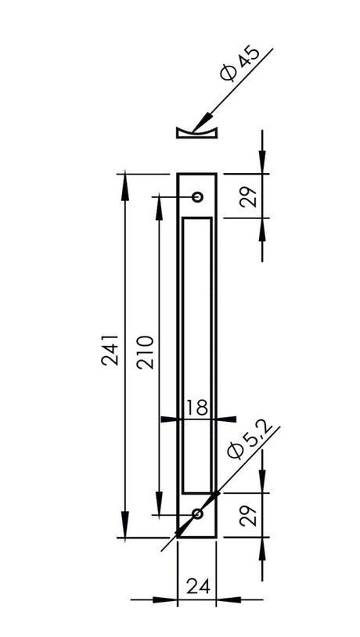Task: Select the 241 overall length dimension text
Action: tap(110, 350)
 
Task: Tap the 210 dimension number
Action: tap(146, 351)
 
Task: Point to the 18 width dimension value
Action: tap(197, 407)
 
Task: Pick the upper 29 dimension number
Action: tap(249, 196)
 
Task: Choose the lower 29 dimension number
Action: tap(249, 515)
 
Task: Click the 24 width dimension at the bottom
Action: tap(197, 585)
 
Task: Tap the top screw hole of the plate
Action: tap(197, 196)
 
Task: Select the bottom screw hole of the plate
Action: tap(197, 514)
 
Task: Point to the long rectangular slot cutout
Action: tap(197, 356)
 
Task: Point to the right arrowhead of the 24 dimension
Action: tap(229, 600)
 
